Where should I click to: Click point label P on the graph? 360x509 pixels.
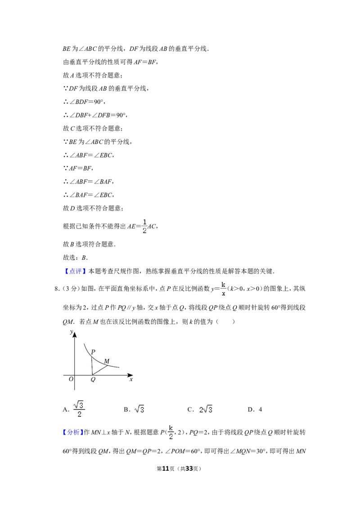(x=93, y=352)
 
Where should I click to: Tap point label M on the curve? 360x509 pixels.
(x=107, y=361)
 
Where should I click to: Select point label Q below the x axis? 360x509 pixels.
(x=93, y=380)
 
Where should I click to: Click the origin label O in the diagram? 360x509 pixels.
(x=71, y=379)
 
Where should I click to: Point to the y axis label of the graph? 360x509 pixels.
(x=72, y=332)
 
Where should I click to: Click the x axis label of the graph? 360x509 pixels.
(x=131, y=379)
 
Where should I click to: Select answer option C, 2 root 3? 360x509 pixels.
(x=200, y=409)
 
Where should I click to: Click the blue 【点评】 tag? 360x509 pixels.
(x=75, y=271)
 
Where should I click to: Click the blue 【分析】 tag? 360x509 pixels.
(x=73, y=432)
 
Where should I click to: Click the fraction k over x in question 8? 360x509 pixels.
(x=223, y=289)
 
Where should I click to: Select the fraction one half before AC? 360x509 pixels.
(x=144, y=226)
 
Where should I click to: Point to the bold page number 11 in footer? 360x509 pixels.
(x=166, y=469)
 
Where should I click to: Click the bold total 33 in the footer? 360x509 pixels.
(x=189, y=469)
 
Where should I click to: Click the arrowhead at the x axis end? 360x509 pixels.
(x=130, y=375)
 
